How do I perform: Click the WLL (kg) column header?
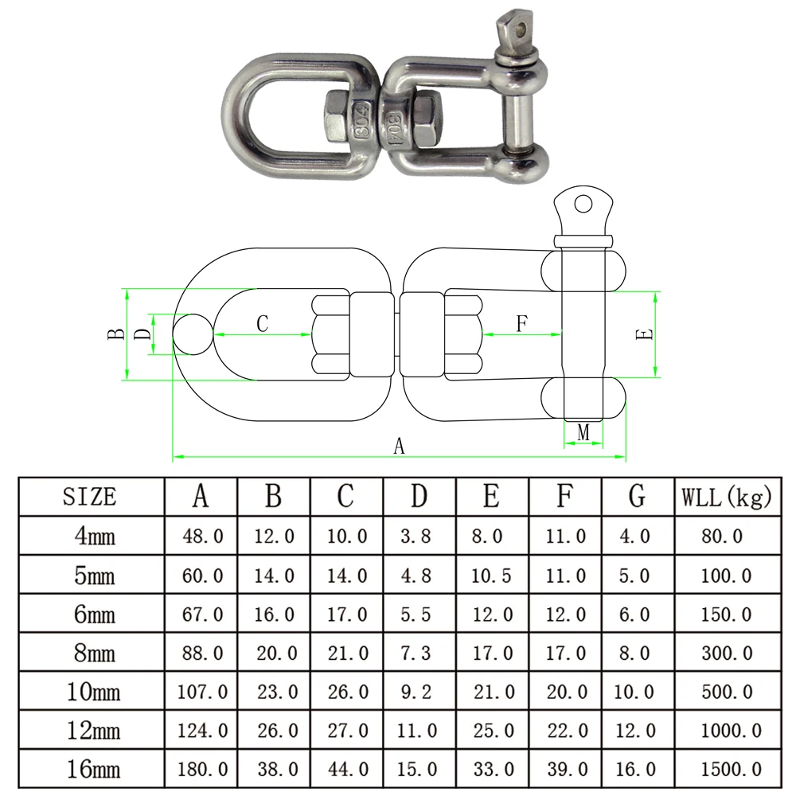pos(727,497)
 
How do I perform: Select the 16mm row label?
pos(94,770)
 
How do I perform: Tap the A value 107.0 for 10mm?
pos(202,692)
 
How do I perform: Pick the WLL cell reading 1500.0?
pos(731,770)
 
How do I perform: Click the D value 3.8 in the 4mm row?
pos(416,536)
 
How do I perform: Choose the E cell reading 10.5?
pos(491,576)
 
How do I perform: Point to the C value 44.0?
pos(348,770)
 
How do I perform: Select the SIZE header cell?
pos(90,497)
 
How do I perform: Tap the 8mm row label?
pos(95,653)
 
